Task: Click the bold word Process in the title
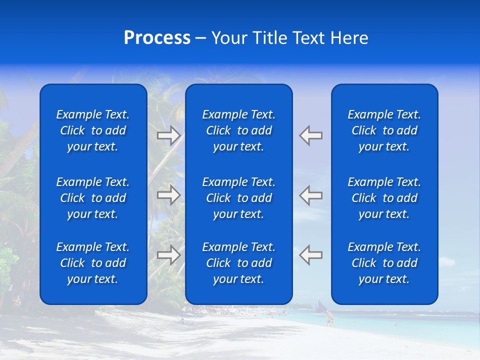(x=157, y=38)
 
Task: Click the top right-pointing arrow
(x=168, y=135)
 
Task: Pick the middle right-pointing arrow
(x=168, y=195)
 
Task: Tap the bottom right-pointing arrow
(x=168, y=255)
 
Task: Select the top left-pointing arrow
(x=310, y=135)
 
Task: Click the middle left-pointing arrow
(x=310, y=195)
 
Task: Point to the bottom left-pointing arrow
(x=310, y=255)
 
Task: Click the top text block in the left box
(x=93, y=130)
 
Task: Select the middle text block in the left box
(x=93, y=198)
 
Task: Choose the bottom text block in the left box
(x=93, y=263)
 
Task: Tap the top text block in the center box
(x=238, y=130)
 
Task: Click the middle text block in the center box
(x=238, y=198)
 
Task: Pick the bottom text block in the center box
(x=238, y=263)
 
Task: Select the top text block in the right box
(x=384, y=130)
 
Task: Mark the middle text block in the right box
(x=384, y=198)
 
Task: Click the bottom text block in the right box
(x=384, y=263)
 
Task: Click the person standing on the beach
(x=329, y=318)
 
